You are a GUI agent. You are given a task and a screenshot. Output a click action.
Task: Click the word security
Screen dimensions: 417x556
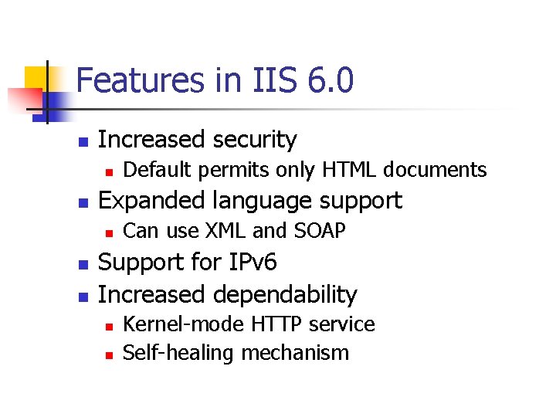(255, 139)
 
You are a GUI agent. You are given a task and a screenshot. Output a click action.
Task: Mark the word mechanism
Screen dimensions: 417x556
(295, 354)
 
